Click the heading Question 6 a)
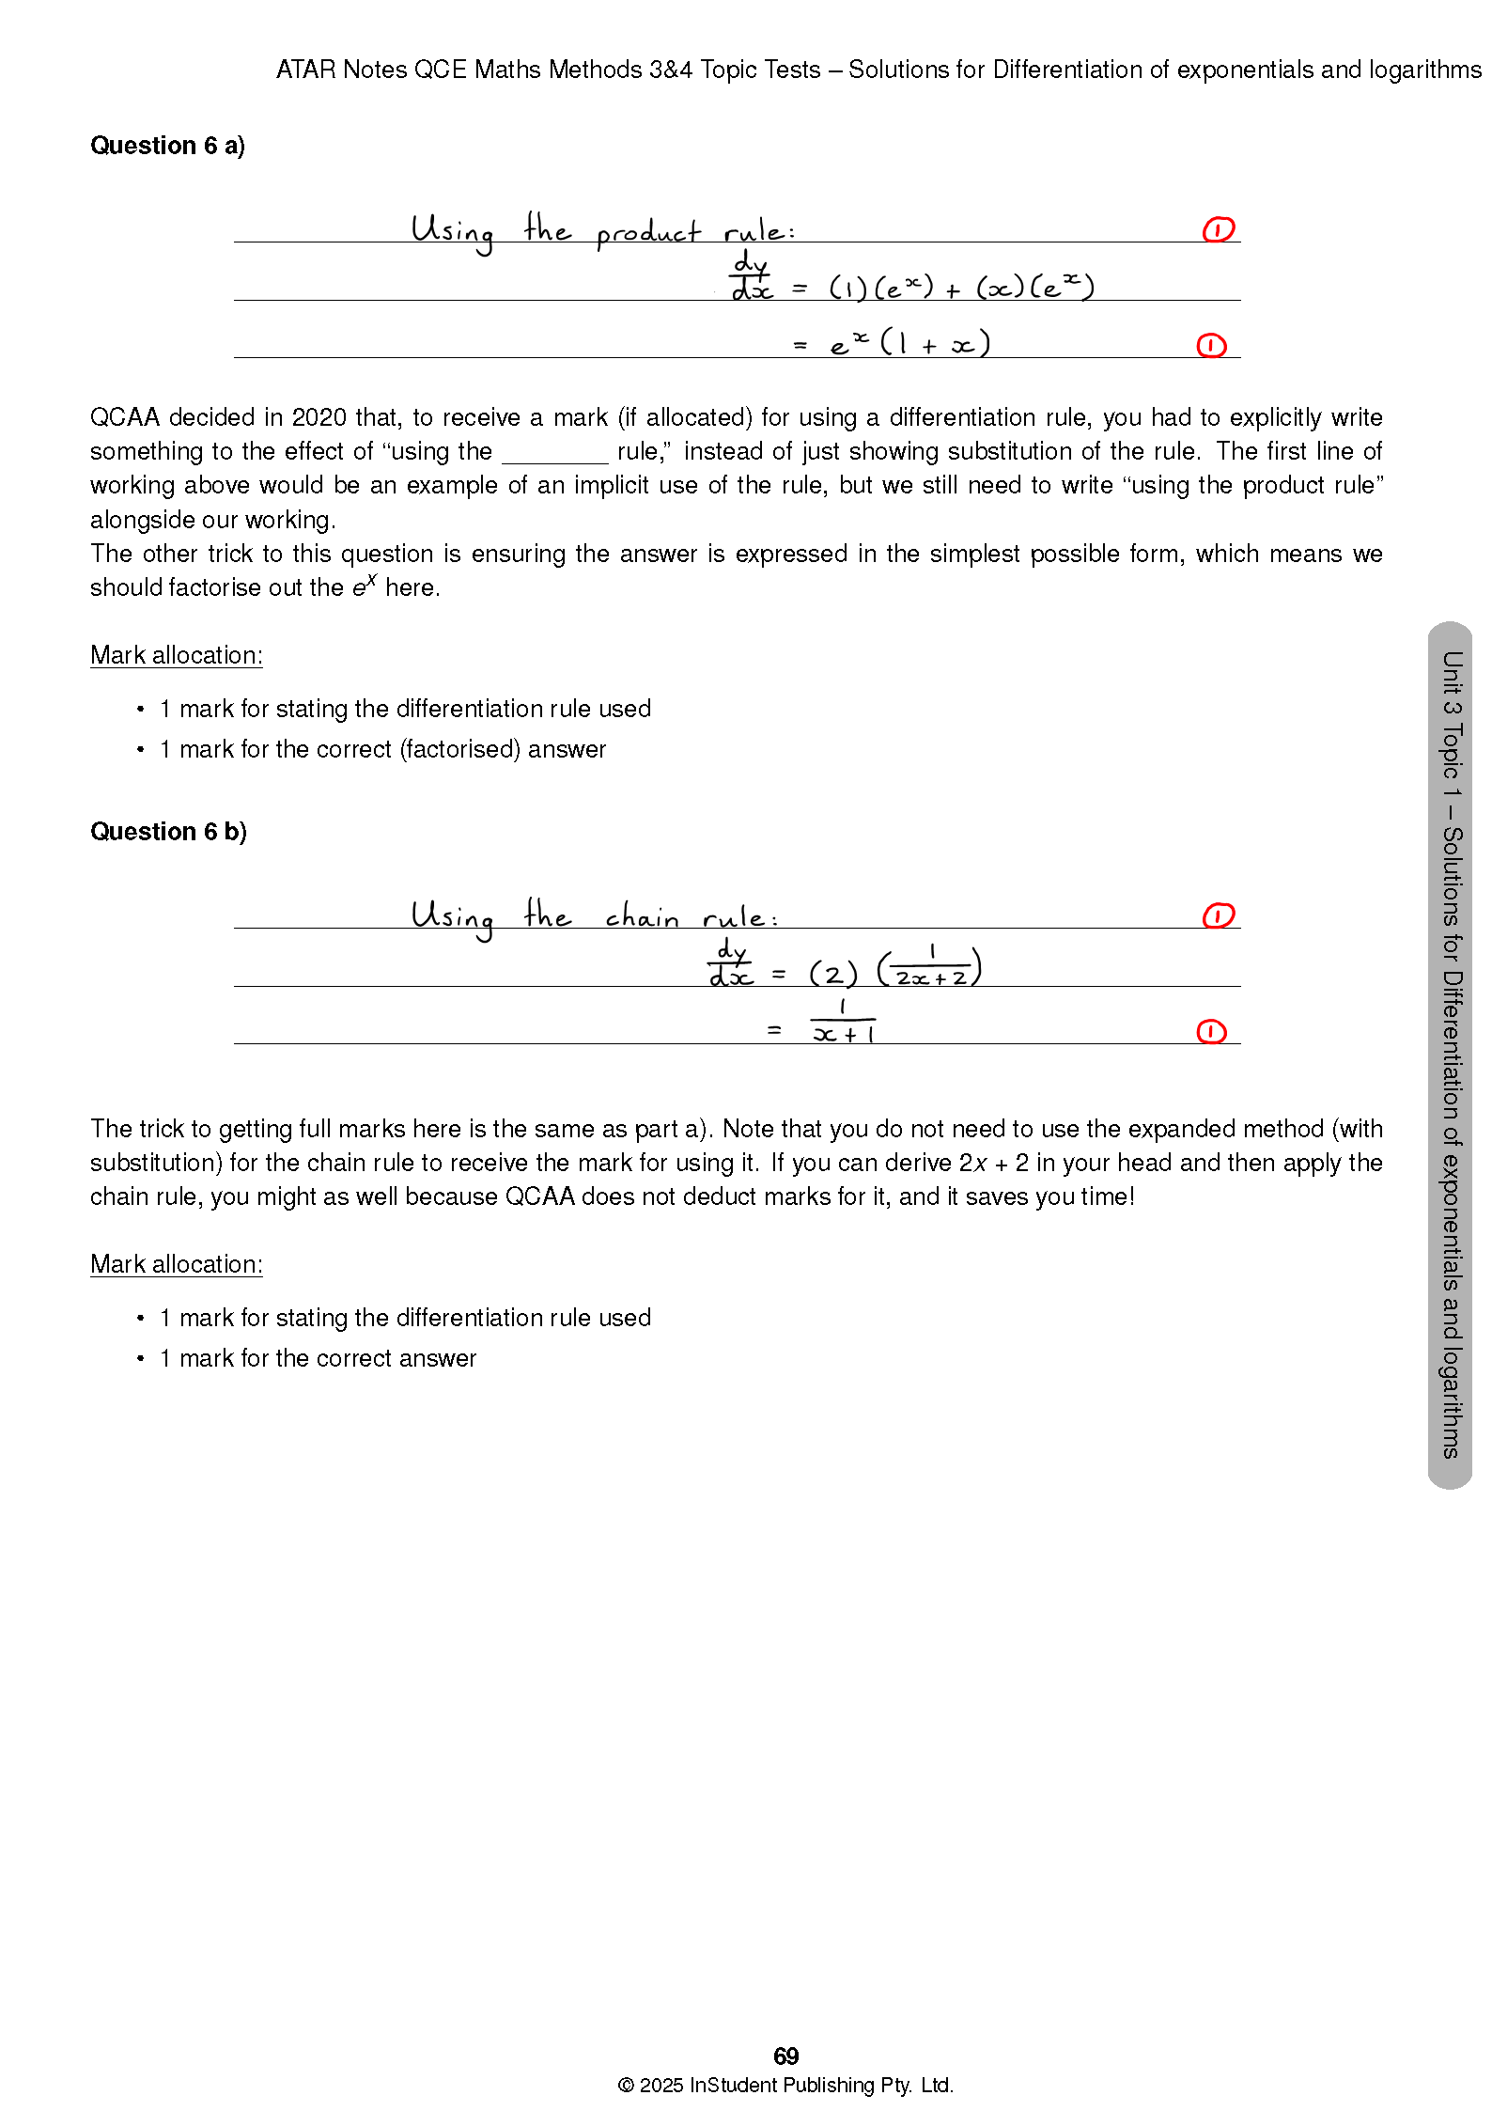click(167, 146)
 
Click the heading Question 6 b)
click(168, 832)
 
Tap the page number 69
click(785, 2056)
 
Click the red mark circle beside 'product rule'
click(1218, 229)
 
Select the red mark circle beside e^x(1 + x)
click(1211, 346)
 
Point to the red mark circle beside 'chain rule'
click(1218, 915)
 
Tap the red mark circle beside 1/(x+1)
click(1211, 1032)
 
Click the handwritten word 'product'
click(648, 232)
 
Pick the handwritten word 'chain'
click(642, 915)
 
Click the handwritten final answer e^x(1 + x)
click(909, 343)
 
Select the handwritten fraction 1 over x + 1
click(843, 1023)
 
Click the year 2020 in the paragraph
click(319, 417)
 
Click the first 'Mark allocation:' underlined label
click(176, 655)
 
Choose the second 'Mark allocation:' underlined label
click(176, 1264)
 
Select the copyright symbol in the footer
click(626, 2086)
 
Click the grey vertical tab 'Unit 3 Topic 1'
click(1450, 1053)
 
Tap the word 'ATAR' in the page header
click(305, 70)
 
